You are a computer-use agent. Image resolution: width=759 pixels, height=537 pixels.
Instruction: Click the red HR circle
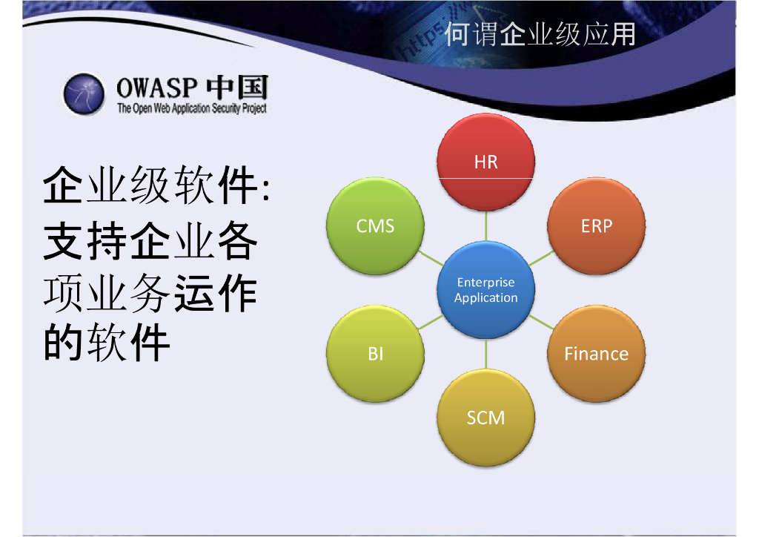pyautogui.click(x=486, y=162)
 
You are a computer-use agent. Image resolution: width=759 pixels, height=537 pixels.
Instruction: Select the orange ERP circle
pyautogui.click(x=597, y=226)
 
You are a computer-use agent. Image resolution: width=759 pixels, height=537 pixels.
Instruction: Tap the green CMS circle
pyautogui.click(x=376, y=226)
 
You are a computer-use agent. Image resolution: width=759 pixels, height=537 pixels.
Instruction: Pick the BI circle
pyautogui.click(x=376, y=354)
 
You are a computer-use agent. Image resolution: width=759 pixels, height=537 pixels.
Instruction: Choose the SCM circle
pyautogui.click(x=486, y=418)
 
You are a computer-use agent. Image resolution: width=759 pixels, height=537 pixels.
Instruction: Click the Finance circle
pyautogui.click(x=597, y=354)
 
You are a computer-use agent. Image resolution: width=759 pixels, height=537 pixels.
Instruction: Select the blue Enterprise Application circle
pyautogui.click(x=486, y=289)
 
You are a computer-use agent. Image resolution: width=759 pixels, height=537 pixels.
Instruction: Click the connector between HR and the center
pyautogui.click(x=486, y=225)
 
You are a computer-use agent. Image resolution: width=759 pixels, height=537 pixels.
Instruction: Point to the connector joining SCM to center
pyautogui.click(x=486, y=354)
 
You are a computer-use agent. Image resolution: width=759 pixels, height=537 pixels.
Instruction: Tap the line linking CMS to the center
pyautogui.click(x=431, y=258)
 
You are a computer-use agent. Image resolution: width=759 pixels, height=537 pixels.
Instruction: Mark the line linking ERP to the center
pyautogui.click(x=541, y=258)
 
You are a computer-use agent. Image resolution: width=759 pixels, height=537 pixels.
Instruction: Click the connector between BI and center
pyautogui.click(x=431, y=321)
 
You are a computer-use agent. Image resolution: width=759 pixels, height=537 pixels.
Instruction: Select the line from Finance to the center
pyautogui.click(x=541, y=321)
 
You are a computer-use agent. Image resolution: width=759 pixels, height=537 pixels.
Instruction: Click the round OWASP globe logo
pyautogui.click(x=84, y=94)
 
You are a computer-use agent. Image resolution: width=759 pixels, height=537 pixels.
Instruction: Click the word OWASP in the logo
pyautogui.click(x=157, y=88)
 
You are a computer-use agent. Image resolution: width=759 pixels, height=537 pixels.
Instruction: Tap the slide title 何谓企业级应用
pyautogui.click(x=540, y=34)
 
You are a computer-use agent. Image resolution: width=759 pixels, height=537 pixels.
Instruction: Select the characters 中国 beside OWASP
pyautogui.click(x=237, y=88)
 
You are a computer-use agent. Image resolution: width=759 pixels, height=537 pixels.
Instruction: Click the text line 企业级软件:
pyautogui.click(x=156, y=185)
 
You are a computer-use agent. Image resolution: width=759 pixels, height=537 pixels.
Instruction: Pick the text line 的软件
pyautogui.click(x=107, y=343)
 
